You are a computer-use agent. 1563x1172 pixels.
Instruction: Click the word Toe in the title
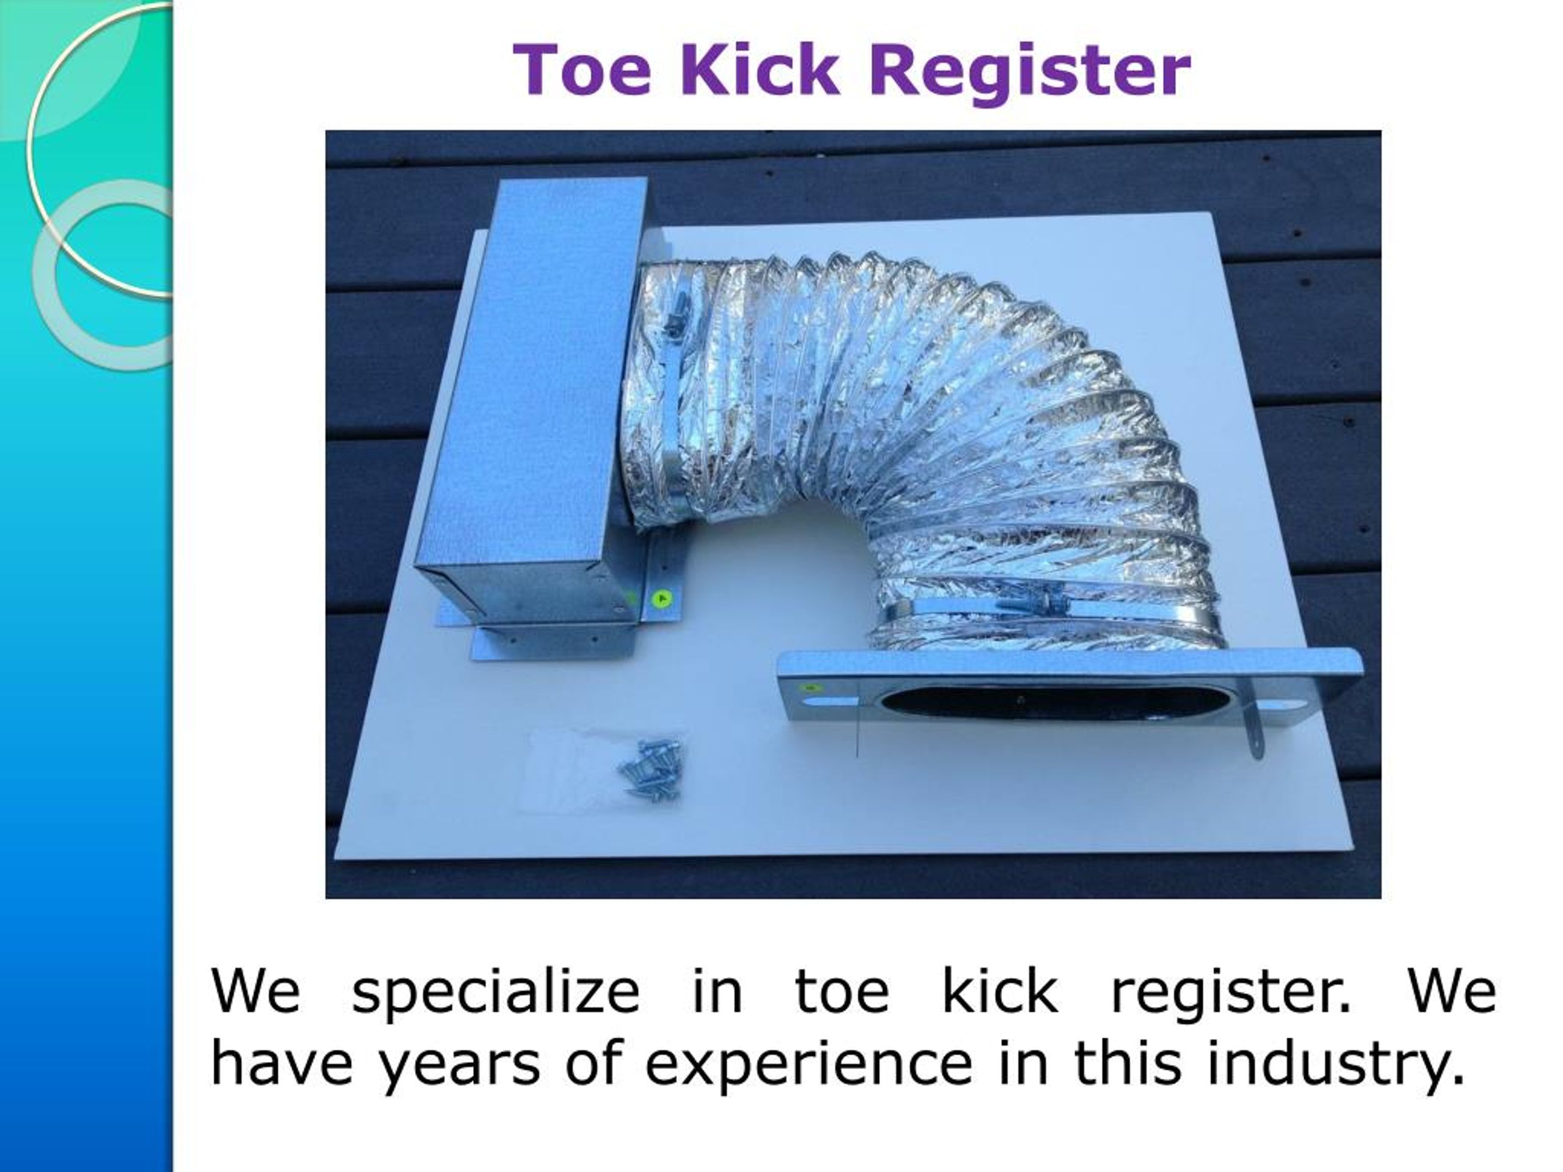pos(581,71)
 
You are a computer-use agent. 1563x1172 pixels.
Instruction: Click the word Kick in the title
pos(760,71)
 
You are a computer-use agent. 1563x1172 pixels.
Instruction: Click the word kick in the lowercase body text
pos(999,993)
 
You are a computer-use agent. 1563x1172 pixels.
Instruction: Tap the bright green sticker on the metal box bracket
pos(661,599)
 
